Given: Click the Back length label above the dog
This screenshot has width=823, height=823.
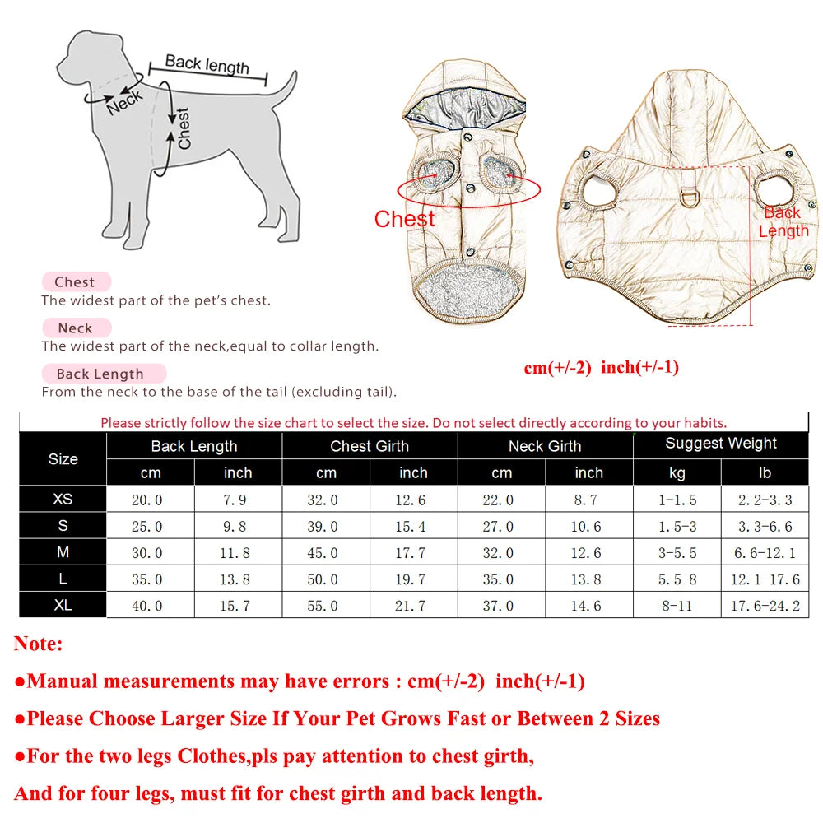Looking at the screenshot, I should click(x=207, y=64).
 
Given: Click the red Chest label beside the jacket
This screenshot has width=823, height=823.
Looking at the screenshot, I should click(x=404, y=219).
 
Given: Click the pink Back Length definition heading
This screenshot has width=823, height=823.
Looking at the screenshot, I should click(x=100, y=374).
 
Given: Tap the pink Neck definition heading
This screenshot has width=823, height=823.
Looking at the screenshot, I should click(x=75, y=328).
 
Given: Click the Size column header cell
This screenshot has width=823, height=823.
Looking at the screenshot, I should click(x=63, y=459).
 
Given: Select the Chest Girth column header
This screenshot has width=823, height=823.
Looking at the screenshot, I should click(x=370, y=446).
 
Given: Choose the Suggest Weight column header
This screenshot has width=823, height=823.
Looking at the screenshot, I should click(x=721, y=444).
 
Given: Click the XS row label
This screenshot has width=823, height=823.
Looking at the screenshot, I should click(x=63, y=500).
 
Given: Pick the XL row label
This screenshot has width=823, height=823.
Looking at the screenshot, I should click(x=63, y=605).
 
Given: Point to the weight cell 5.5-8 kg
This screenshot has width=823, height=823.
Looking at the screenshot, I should click(x=677, y=579).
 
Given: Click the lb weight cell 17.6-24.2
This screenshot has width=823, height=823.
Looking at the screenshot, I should click(x=765, y=606).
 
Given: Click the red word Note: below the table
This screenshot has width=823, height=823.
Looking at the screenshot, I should click(x=39, y=644).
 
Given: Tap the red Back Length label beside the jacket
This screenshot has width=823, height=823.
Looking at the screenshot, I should click(x=783, y=221).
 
